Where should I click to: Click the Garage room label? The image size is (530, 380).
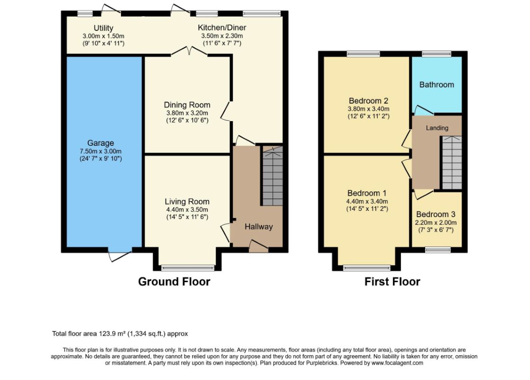pyautogui.click(x=100, y=143)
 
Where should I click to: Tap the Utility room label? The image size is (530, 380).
pyautogui.click(x=103, y=28)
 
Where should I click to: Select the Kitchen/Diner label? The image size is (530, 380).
pyautogui.click(x=222, y=28)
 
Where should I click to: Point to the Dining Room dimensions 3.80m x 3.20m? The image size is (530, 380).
pyautogui.click(x=187, y=113)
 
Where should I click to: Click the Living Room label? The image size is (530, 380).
pyautogui.click(x=187, y=201)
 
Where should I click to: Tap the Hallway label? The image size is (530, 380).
pyautogui.click(x=259, y=227)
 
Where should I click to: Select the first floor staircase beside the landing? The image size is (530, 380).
pyautogui.click(x=451, y=163)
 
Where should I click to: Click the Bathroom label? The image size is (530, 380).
pyautogui.click(x=437, y=85)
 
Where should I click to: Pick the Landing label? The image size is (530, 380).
pyautogui.click(x=437, y=128)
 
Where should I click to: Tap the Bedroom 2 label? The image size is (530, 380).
pyautogui.click(x=368, y=101)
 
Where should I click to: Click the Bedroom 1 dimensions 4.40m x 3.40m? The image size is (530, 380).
pyautogui.click(x=367, y=201)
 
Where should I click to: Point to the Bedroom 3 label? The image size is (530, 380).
pyautogui.click(x=436, y=214)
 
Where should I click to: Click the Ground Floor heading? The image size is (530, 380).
pyautogui.click(x=174, y=282)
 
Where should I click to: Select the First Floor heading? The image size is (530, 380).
pyautogui.click(x=392, y=282)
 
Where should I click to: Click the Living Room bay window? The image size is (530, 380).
pyautogui.click(x=187, y=268)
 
